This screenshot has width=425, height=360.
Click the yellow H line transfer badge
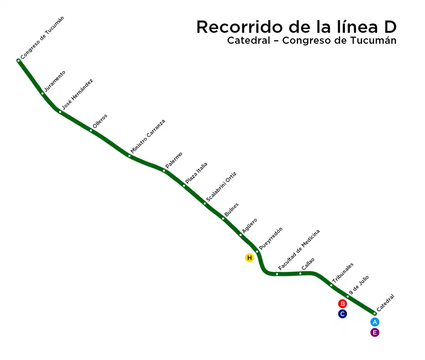point(249,258)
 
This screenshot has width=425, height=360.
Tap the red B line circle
point(342,304)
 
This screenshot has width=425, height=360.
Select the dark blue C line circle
point(342,314)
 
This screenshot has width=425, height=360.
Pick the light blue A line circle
point(375,322)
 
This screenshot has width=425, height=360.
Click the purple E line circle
point(375,333)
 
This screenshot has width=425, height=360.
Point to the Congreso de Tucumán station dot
point(19,61)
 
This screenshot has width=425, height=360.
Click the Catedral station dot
point(375,314)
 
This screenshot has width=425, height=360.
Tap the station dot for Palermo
point(164,171)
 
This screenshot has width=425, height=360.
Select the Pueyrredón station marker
point(257,252)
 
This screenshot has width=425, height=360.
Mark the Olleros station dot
point(91,130)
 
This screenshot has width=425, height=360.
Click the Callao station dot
point(300,273)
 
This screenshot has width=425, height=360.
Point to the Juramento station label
point(55,81)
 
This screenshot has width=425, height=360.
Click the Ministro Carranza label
point(148,136)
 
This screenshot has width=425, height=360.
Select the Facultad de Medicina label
point(299,250)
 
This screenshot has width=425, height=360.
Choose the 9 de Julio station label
point(359,285)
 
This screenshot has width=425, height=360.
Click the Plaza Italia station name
point(196,173)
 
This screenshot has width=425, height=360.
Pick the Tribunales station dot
point(331,285)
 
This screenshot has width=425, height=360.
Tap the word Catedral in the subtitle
point(248,41)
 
